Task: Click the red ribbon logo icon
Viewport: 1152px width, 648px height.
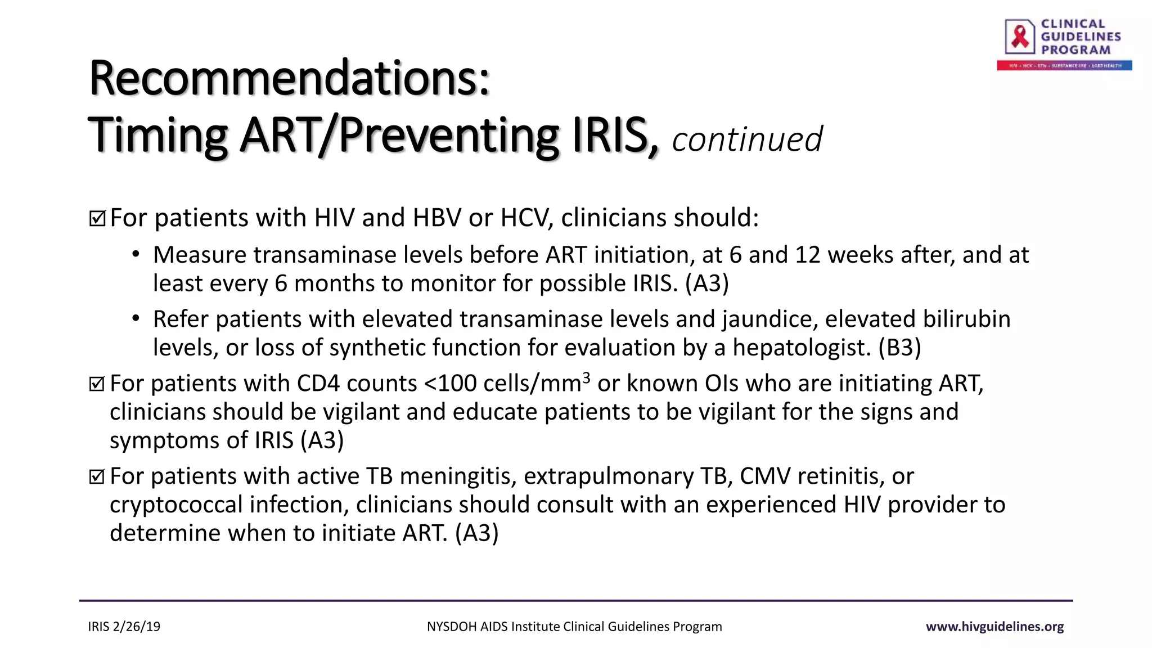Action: (x=1020, y=37)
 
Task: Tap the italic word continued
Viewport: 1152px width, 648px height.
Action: (x=746, y=139)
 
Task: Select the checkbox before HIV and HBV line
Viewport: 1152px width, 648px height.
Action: (x=97, y=218)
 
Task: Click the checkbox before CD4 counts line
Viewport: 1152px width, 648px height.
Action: (x=97, y=384)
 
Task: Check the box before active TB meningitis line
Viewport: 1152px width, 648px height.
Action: (x=97, y=477)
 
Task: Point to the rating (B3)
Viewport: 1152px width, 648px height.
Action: (x=899, y=348)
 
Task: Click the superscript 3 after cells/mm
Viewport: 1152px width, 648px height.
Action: (x=586, y=377)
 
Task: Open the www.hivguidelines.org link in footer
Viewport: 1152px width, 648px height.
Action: (x=994, y=627)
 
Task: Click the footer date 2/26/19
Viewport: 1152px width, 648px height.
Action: (x=137, y=627)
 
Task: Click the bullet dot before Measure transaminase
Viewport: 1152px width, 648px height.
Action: (x=136, y=255)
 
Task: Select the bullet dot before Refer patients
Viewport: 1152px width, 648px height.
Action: (x=136, y=319)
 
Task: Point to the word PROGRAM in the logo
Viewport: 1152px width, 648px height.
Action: (x=1075, y=50)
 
